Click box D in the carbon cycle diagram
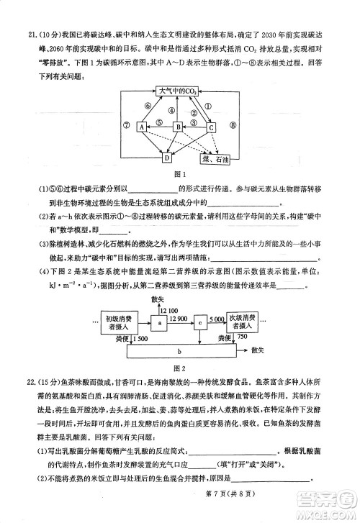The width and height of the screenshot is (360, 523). pyautogui.click(x=167, y=157)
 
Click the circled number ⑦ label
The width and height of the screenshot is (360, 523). pyautogui.click(x=126, y=124)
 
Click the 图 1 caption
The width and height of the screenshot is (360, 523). pyautogui.click(x=180, y=174)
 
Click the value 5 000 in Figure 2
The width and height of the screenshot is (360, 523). pyautogui.click(x=217, y=318)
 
